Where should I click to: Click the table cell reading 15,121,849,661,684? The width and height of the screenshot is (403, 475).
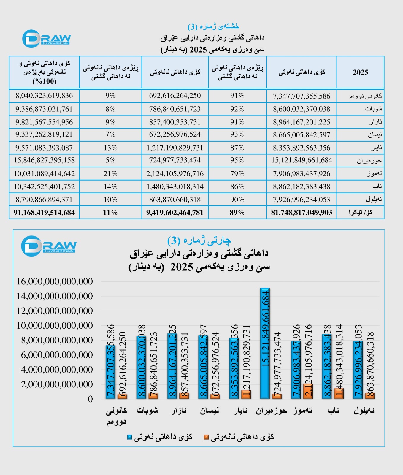pos(302,160)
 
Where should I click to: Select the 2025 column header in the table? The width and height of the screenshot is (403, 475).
pos(360,72)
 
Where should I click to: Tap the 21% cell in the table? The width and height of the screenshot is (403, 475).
pos(110,174)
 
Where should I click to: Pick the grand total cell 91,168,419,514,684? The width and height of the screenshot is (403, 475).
pos(44,213)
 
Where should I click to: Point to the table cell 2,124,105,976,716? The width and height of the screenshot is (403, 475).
pos(175,174)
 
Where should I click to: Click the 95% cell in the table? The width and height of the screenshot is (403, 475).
pos(237,160)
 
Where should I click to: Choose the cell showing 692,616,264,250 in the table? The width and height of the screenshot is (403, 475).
pos(175,96)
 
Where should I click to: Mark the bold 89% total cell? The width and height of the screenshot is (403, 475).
pos(237,213)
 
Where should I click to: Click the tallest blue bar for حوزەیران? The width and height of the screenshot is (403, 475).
pos(265,343)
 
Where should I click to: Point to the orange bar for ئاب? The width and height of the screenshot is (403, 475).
pos(339,393)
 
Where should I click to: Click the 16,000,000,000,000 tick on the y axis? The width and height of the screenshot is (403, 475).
pos(55,281)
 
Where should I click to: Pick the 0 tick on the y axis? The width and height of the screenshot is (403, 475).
pos(90,399)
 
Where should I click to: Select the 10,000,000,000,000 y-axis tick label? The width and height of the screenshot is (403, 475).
pos(55,325)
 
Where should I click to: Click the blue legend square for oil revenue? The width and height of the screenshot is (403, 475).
pos(130,437)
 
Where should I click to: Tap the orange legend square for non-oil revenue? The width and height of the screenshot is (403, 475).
pos(206,437)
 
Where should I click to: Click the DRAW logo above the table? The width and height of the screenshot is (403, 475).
pos(46,39)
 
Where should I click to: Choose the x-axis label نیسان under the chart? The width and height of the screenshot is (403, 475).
pos(209,411)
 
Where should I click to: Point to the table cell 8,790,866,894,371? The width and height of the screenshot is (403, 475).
pos(44,199)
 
